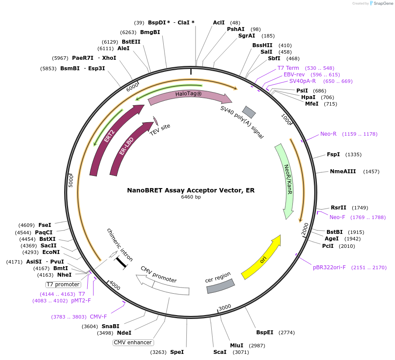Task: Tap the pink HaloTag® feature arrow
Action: [x=190, y=97]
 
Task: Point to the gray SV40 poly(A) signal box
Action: [x=249, y=112]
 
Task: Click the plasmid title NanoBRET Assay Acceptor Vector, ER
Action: [x=191, y=190]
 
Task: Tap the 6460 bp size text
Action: [x=191, y=197]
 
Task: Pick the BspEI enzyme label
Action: [x=264, y=333]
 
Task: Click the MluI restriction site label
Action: [x=237, y=346]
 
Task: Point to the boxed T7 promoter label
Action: [x=63, y=285]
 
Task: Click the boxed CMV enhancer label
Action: [x=133, y=343]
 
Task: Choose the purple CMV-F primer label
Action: [x=98, y=317]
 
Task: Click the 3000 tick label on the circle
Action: [x=225, y=307]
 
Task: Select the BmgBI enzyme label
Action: [x=150, y=32]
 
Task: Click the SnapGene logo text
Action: [x=382, y=3]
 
